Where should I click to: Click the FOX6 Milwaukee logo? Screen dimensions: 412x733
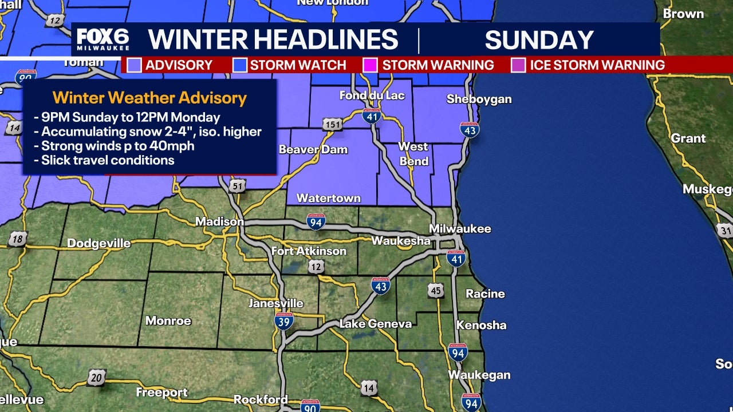coord(103,39)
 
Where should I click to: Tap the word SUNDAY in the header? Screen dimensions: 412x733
coord(539,40)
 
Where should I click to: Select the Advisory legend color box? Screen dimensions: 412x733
coord(135,65)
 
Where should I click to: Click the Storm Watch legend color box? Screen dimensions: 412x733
coord(240,65)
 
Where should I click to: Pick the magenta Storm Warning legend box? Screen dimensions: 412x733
coord(371,65)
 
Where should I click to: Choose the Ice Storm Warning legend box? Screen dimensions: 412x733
coord(518,65)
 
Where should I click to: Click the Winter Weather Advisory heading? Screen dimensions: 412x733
coord(149,98)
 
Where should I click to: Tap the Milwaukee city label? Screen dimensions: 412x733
coord(460,228)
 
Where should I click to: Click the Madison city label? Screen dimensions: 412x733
coord(219,221)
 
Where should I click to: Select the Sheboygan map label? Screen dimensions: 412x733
coord(479,99)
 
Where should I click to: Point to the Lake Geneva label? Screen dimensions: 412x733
coord(375,324)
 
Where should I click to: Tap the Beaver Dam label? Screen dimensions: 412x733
coord(313,149)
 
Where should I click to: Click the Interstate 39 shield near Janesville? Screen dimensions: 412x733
coord(284,320)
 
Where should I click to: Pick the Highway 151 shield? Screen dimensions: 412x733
coord(332,124)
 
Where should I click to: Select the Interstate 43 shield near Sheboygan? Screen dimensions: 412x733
coord(470,130)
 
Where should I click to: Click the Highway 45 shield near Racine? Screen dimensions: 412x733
coord(436,291)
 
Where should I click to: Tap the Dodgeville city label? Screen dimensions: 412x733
coord(99,243)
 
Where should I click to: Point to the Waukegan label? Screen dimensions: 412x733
coord(479,375)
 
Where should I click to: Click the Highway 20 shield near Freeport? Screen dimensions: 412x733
coord(96,377)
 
